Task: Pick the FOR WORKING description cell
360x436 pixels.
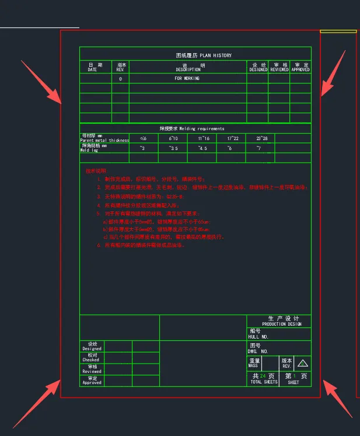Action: tap(187, 78)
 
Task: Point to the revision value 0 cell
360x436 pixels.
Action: tap(121, 78)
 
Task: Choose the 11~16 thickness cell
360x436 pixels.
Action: tap(204, 138)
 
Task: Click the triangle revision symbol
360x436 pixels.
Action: tap(303, 363)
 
